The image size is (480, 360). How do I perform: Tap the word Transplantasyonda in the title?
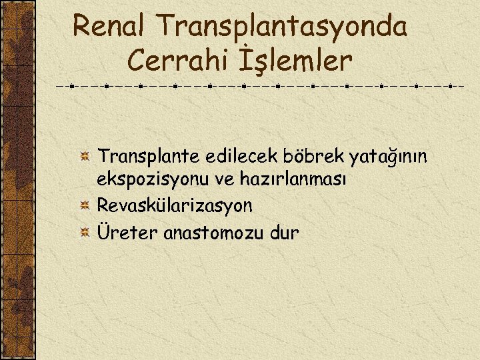point(282,27)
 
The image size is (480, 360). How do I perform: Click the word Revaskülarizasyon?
point(175,205)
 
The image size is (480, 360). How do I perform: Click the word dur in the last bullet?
point(283,233)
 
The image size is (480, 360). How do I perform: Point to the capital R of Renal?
point(82,26)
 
